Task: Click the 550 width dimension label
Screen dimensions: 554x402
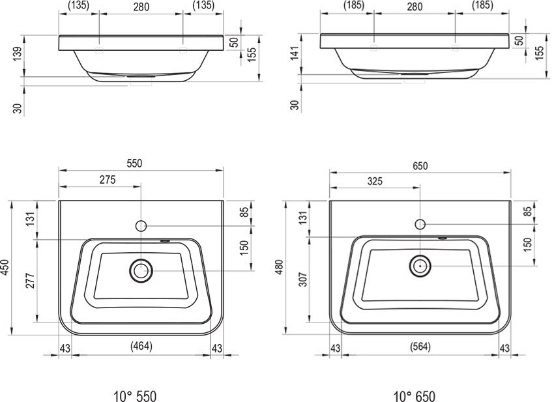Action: pyautogui.click(x=134, y=163)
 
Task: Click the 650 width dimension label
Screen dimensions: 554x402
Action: pyautogui.click(x=420, y=165)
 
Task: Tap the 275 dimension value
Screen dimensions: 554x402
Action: pyautogui.click(x=108, y=180)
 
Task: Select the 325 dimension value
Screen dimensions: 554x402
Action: pyautogui.click(x=375, y=181)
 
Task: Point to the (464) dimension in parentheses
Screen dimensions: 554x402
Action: pyautogui.click(x=141, y=346)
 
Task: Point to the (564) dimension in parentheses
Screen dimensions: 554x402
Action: pyautogui.click(x=420, y=347)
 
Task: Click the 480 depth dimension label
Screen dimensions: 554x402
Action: pyautogui.click(x=280, y=267)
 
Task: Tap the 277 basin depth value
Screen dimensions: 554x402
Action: pyautogui.click(x=31, y=281)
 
